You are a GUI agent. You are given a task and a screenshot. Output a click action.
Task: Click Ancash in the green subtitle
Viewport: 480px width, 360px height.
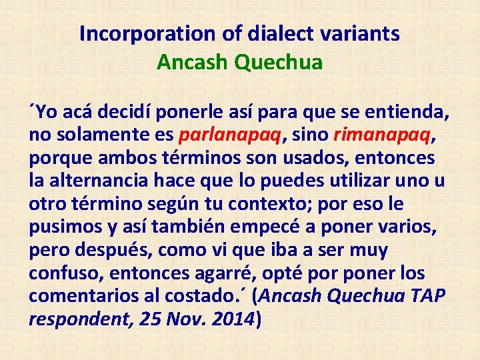pyautogui.click(x=189, y=62)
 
